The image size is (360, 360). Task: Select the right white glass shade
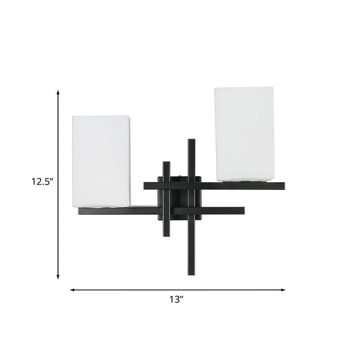244,134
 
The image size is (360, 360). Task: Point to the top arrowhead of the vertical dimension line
58,93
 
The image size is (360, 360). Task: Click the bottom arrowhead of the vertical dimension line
58,276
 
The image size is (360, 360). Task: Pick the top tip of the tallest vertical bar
192,140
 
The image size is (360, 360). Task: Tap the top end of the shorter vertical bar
165,161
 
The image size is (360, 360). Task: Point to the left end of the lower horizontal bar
79,211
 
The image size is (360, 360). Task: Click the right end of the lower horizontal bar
243,212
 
